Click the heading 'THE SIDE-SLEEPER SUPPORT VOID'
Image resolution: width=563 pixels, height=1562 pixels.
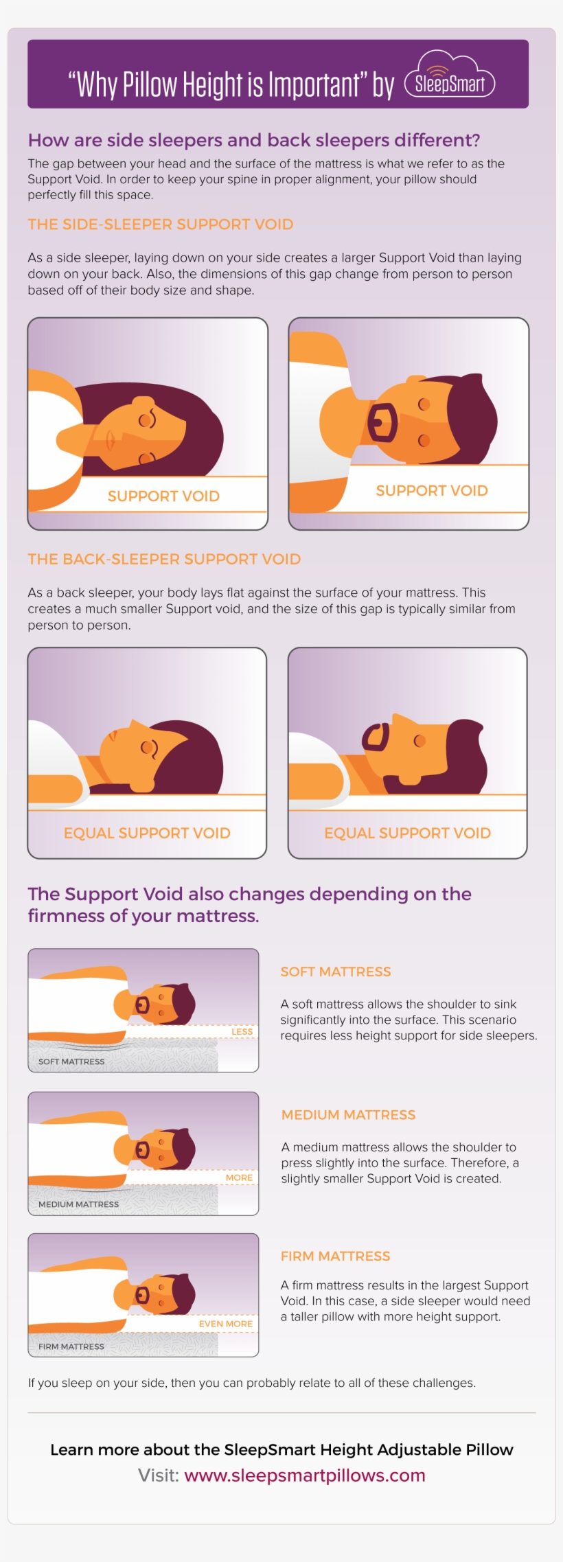160,225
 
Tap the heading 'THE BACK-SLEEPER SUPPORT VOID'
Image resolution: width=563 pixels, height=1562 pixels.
164,559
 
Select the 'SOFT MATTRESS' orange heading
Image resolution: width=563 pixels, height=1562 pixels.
335,972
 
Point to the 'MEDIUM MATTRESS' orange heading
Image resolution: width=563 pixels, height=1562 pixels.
348,1114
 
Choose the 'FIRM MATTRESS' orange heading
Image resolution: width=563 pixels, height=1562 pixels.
335,1256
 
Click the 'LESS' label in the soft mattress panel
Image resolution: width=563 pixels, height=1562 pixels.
242,1032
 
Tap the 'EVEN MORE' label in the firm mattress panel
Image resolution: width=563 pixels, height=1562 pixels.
225,1324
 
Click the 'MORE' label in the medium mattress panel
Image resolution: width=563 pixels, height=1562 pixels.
239,1178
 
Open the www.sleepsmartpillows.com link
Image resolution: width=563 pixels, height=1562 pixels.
304,1475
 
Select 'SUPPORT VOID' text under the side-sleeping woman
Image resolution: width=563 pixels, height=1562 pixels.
163,496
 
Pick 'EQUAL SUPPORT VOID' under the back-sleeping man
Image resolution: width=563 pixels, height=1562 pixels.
407,833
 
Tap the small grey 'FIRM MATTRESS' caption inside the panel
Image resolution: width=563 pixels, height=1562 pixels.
71,1346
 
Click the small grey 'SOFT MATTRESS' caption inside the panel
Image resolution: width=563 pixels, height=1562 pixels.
71,1061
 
